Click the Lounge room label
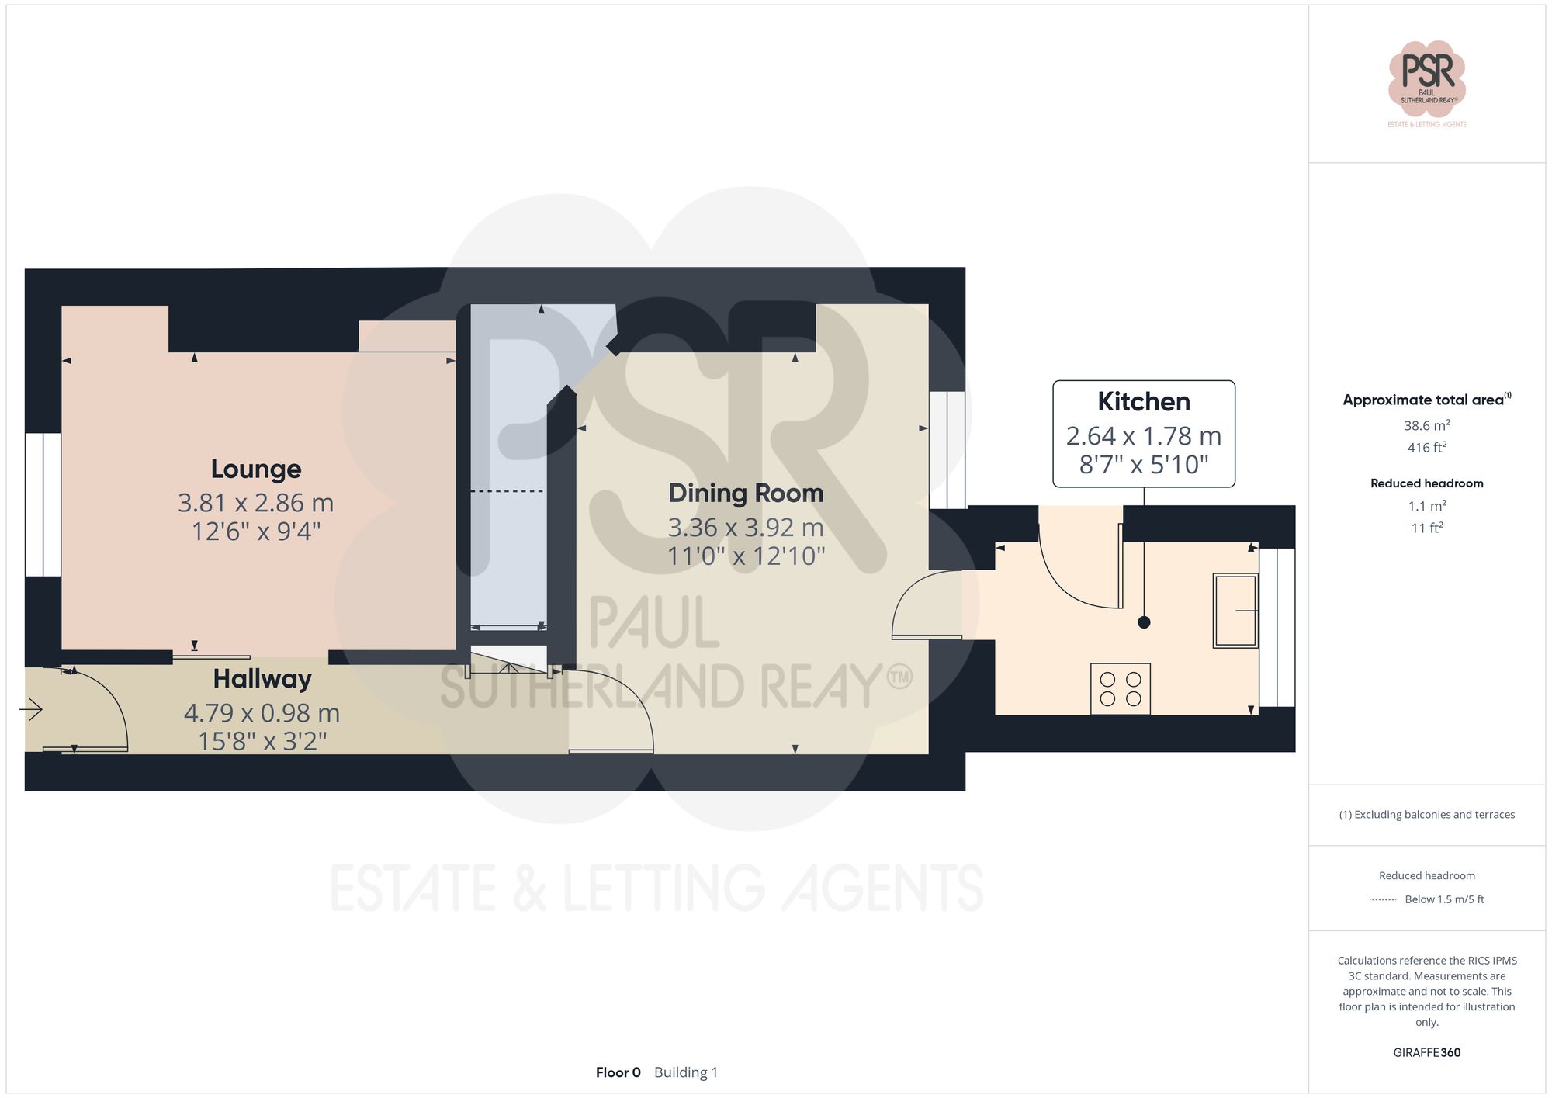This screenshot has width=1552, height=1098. click(256, 469)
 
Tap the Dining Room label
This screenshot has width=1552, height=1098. click(746, 493)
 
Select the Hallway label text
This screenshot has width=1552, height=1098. click(262, 679)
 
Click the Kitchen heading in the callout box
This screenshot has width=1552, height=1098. click(1143, 402)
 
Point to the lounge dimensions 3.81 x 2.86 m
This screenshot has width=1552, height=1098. click(256, 503)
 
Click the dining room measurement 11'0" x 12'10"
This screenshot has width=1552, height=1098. click(746, 556)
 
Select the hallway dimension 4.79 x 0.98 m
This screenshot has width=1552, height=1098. click(262, 712)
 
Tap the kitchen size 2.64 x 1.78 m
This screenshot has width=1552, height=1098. click(1143, 436)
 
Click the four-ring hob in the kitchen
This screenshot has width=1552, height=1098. click(1121, 688)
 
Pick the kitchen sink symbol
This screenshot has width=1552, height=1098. click(1235, 611)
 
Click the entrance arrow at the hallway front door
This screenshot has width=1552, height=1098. click(32, 709)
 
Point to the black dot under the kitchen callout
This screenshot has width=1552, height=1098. click(1144, 622)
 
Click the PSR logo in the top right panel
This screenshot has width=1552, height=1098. click(1427, 78)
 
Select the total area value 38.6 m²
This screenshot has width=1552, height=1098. click(1427, 425)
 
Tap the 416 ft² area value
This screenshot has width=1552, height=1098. click(1427, 448)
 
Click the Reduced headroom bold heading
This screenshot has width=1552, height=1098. click(1427, 483)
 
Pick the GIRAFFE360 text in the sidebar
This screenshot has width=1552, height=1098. click(1427, 1053)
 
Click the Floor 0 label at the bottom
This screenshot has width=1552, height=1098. click(618, 1072)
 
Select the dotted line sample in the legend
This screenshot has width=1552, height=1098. click(1383, 900)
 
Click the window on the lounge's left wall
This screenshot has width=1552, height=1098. click(43, 504)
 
